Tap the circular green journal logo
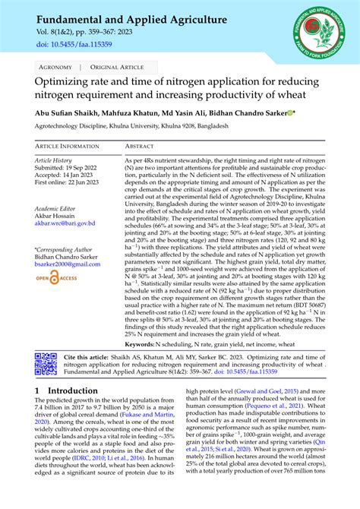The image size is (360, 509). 317,35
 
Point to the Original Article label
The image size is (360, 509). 112,68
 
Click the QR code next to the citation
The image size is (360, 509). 46,364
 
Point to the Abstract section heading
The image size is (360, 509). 140,146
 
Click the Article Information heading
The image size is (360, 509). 68,146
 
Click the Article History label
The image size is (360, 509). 54,160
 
